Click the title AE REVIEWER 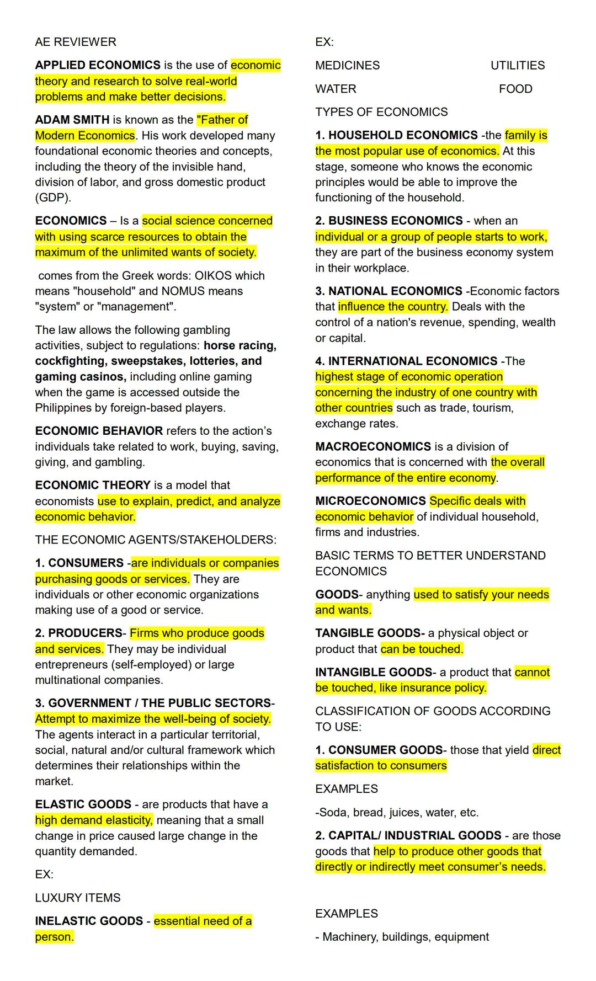click(76, 42)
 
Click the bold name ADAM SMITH click(72, 120)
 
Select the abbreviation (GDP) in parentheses click(53, 198)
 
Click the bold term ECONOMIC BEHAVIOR click(99, 431)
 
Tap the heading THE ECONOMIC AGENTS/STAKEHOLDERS click(156, 540)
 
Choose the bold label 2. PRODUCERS click(78, 633)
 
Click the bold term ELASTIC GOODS click(83, 804)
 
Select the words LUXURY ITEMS click(78, 898)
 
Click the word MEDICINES click(348, 65)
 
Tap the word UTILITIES click(518, 65)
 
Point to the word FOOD click(515, 89)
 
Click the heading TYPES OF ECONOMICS click(381, 112)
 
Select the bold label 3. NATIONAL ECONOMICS click(389, 291)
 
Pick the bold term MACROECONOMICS click(373, 446)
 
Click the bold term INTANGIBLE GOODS click(374, 672)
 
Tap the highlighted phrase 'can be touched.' click(422, 649)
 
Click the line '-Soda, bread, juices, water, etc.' click(397, 812)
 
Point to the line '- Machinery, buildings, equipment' click(402, 937)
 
